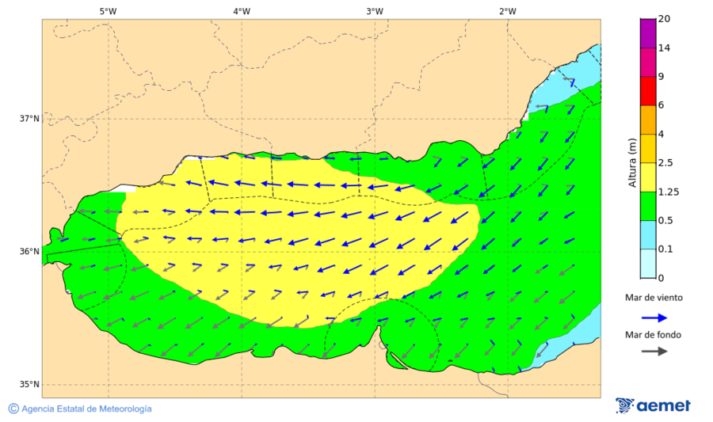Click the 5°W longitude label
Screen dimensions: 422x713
tap(108, 11)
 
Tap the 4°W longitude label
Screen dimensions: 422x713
tap(242, 11)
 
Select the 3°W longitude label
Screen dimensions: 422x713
tap(375, 11)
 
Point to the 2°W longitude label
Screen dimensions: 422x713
tap(508, 11)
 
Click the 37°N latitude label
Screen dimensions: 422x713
tap(29, 119)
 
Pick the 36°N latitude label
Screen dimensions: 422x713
tap(29, 252)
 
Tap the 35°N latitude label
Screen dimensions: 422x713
tap(29, 385)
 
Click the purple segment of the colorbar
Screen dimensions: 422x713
tap(648, 33)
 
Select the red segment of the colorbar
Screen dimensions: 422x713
tap(648, 90)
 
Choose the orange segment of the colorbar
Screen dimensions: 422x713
tap(648, 120)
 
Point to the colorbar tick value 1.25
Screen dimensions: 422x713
tap(669, 192)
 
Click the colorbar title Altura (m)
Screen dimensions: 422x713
tap(632, 162)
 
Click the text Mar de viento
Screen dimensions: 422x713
tap(653, 298)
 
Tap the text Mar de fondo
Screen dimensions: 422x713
tap(653, 334)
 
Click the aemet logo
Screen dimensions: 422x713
tap(653, 405)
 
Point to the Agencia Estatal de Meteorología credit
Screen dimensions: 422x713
tap(80, 409)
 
